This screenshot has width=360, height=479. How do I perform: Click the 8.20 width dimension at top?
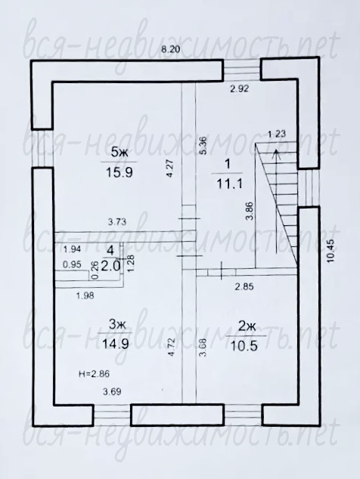171,50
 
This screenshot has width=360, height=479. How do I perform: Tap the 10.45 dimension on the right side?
333,251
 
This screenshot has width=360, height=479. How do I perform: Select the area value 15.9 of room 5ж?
119,172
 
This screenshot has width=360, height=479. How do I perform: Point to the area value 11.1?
229,184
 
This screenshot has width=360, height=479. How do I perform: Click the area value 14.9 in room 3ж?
115,344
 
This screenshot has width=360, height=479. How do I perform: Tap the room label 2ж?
247,327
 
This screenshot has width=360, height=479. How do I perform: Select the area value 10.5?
245,346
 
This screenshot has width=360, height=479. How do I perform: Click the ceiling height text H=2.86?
94,374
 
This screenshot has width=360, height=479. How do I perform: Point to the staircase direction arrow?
277,201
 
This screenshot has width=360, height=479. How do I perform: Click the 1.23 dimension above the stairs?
276,134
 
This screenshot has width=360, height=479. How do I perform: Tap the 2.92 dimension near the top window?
240,89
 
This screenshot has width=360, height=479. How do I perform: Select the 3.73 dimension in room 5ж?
117,222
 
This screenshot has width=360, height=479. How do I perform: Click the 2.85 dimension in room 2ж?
244,287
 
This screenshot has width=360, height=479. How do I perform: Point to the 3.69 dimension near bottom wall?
112,391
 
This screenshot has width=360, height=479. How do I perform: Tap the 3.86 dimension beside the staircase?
250,211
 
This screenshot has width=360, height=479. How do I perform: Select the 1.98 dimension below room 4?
85,295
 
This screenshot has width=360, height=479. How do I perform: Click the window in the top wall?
241,70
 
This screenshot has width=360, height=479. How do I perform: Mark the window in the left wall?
42,148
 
